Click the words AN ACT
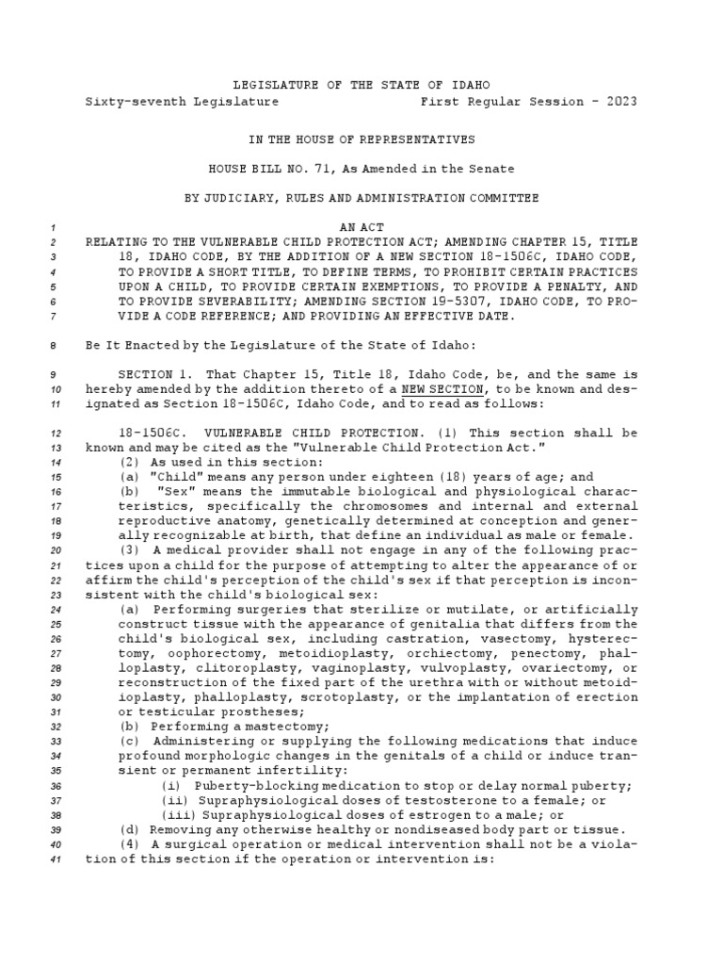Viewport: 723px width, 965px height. pos(362,227)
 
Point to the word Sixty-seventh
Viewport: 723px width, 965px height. pos(129,101)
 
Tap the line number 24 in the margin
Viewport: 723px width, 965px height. pos(54,609)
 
